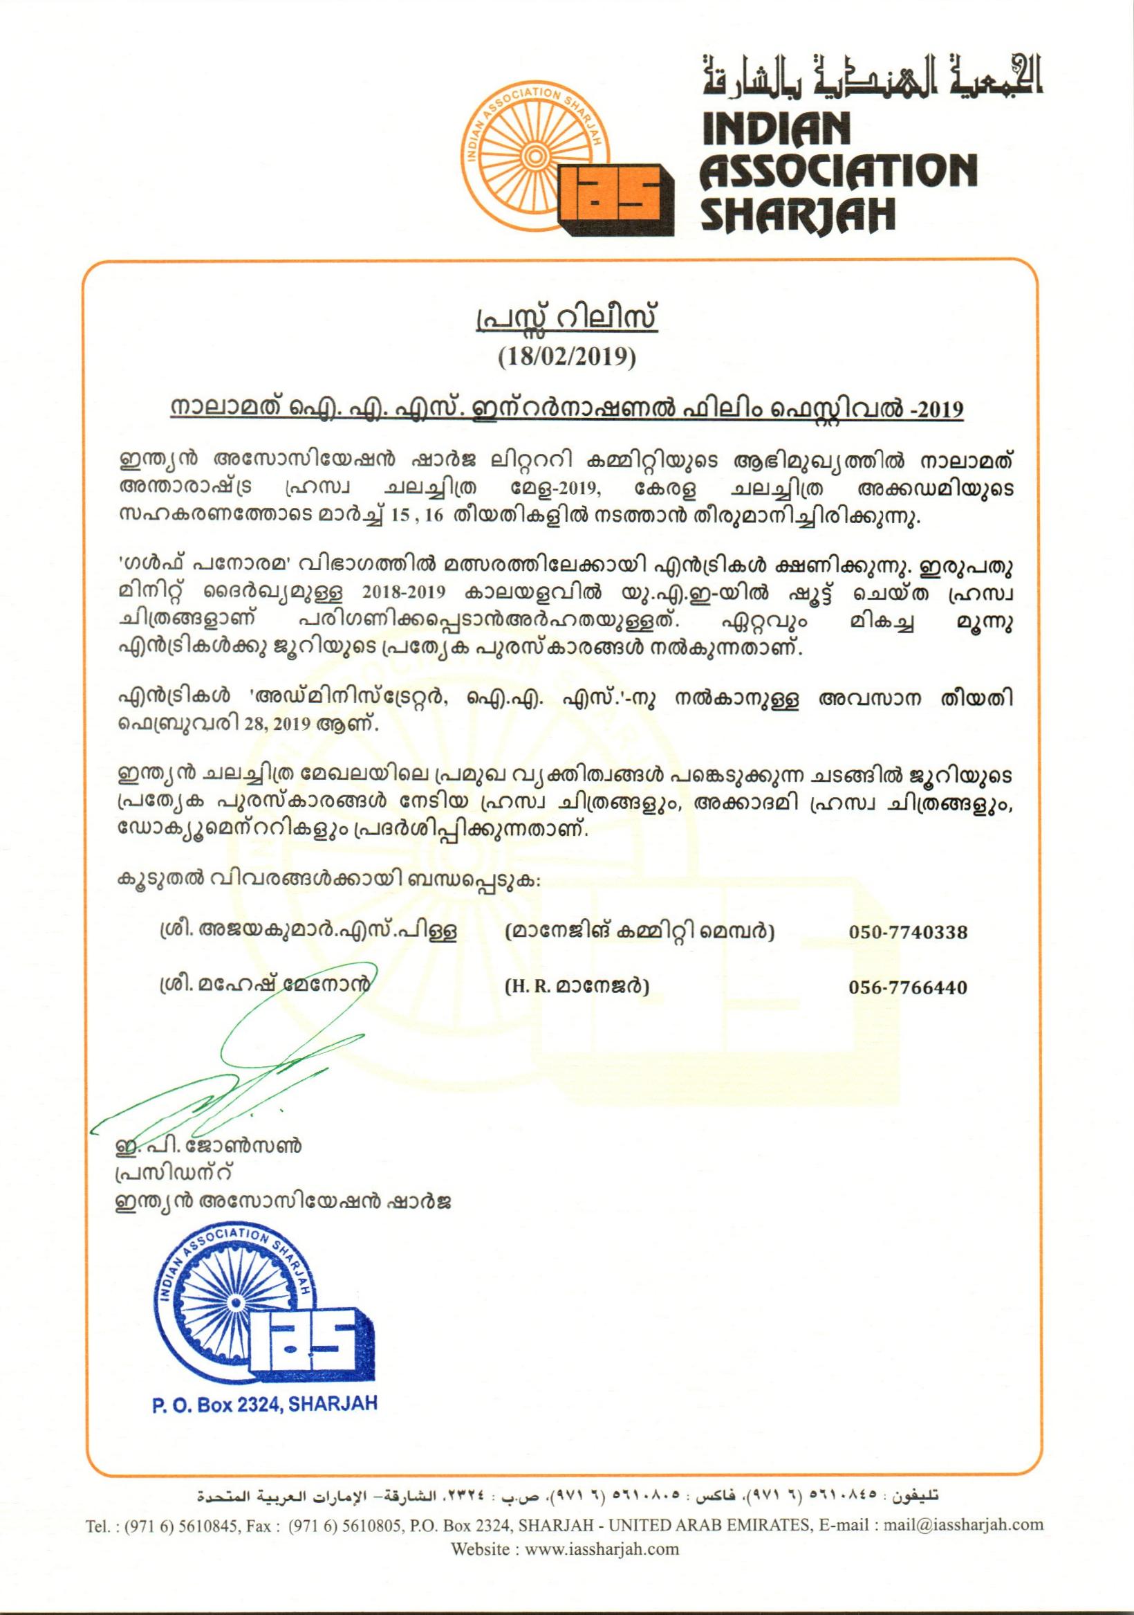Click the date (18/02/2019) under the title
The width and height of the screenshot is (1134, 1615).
coord(566,356)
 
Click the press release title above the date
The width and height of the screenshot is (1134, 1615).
coord(566,321)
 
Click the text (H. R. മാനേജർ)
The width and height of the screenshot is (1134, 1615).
coord(577,987)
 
